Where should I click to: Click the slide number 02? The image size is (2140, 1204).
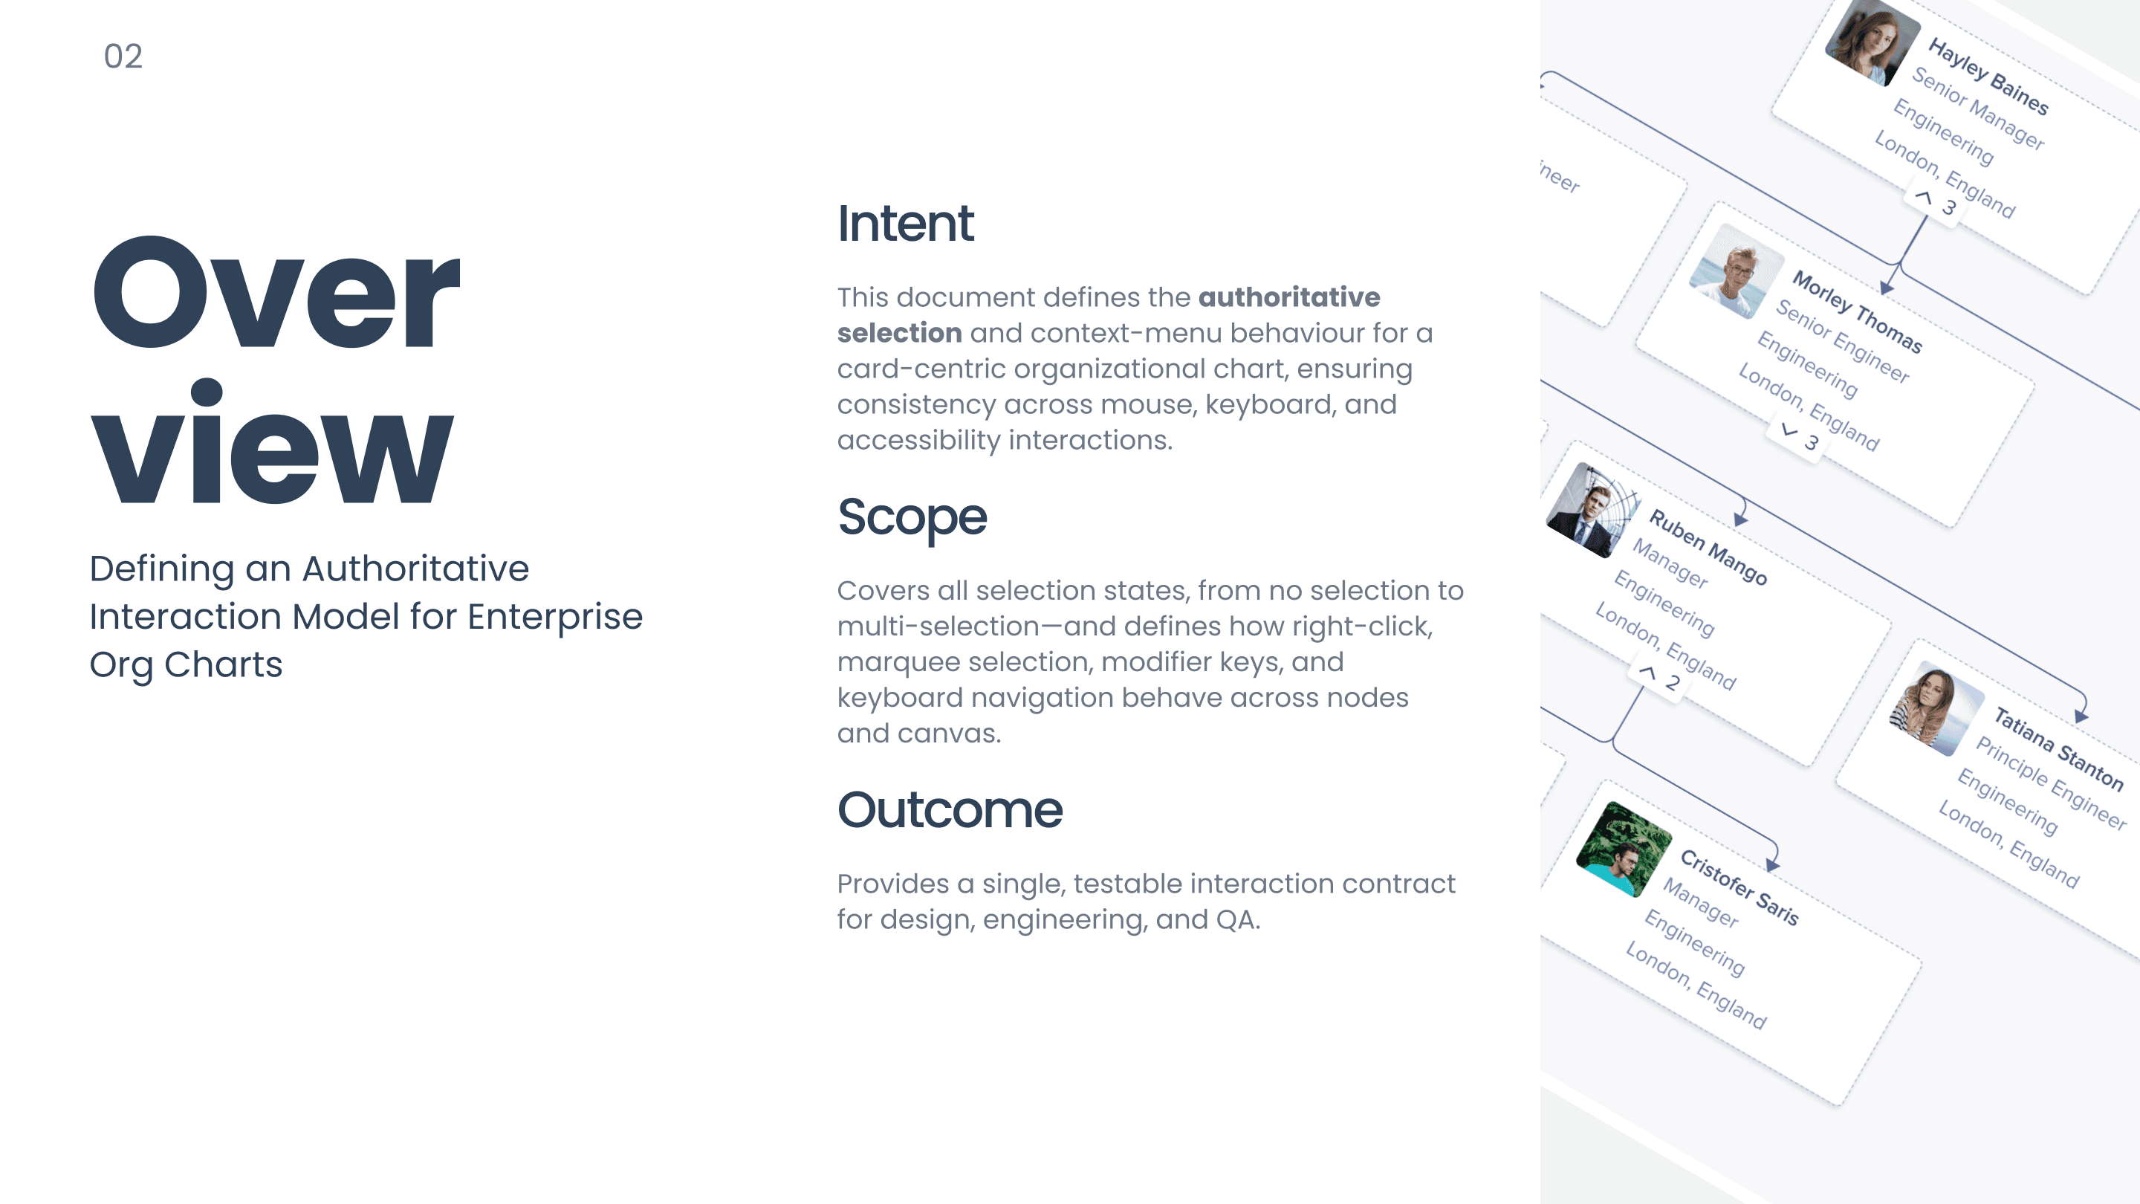click(123, 56)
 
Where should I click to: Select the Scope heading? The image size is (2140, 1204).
click(912, 518)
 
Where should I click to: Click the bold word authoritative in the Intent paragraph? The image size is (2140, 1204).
click(1288, 297)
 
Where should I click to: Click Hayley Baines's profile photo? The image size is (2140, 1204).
click(1872, 41)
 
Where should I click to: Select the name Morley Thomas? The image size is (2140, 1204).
click(1857, 311)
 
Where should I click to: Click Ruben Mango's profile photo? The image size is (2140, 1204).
click(1593, 509)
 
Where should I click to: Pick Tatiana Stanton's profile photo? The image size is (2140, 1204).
click(1936, 708)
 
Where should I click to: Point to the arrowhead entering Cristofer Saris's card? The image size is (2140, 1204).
click(1772, 866)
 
